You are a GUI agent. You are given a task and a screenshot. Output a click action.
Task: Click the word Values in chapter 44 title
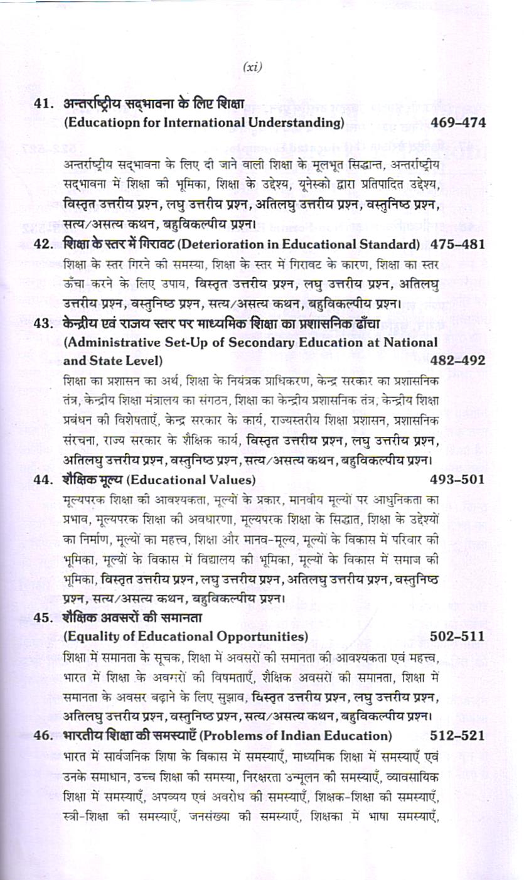226,481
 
